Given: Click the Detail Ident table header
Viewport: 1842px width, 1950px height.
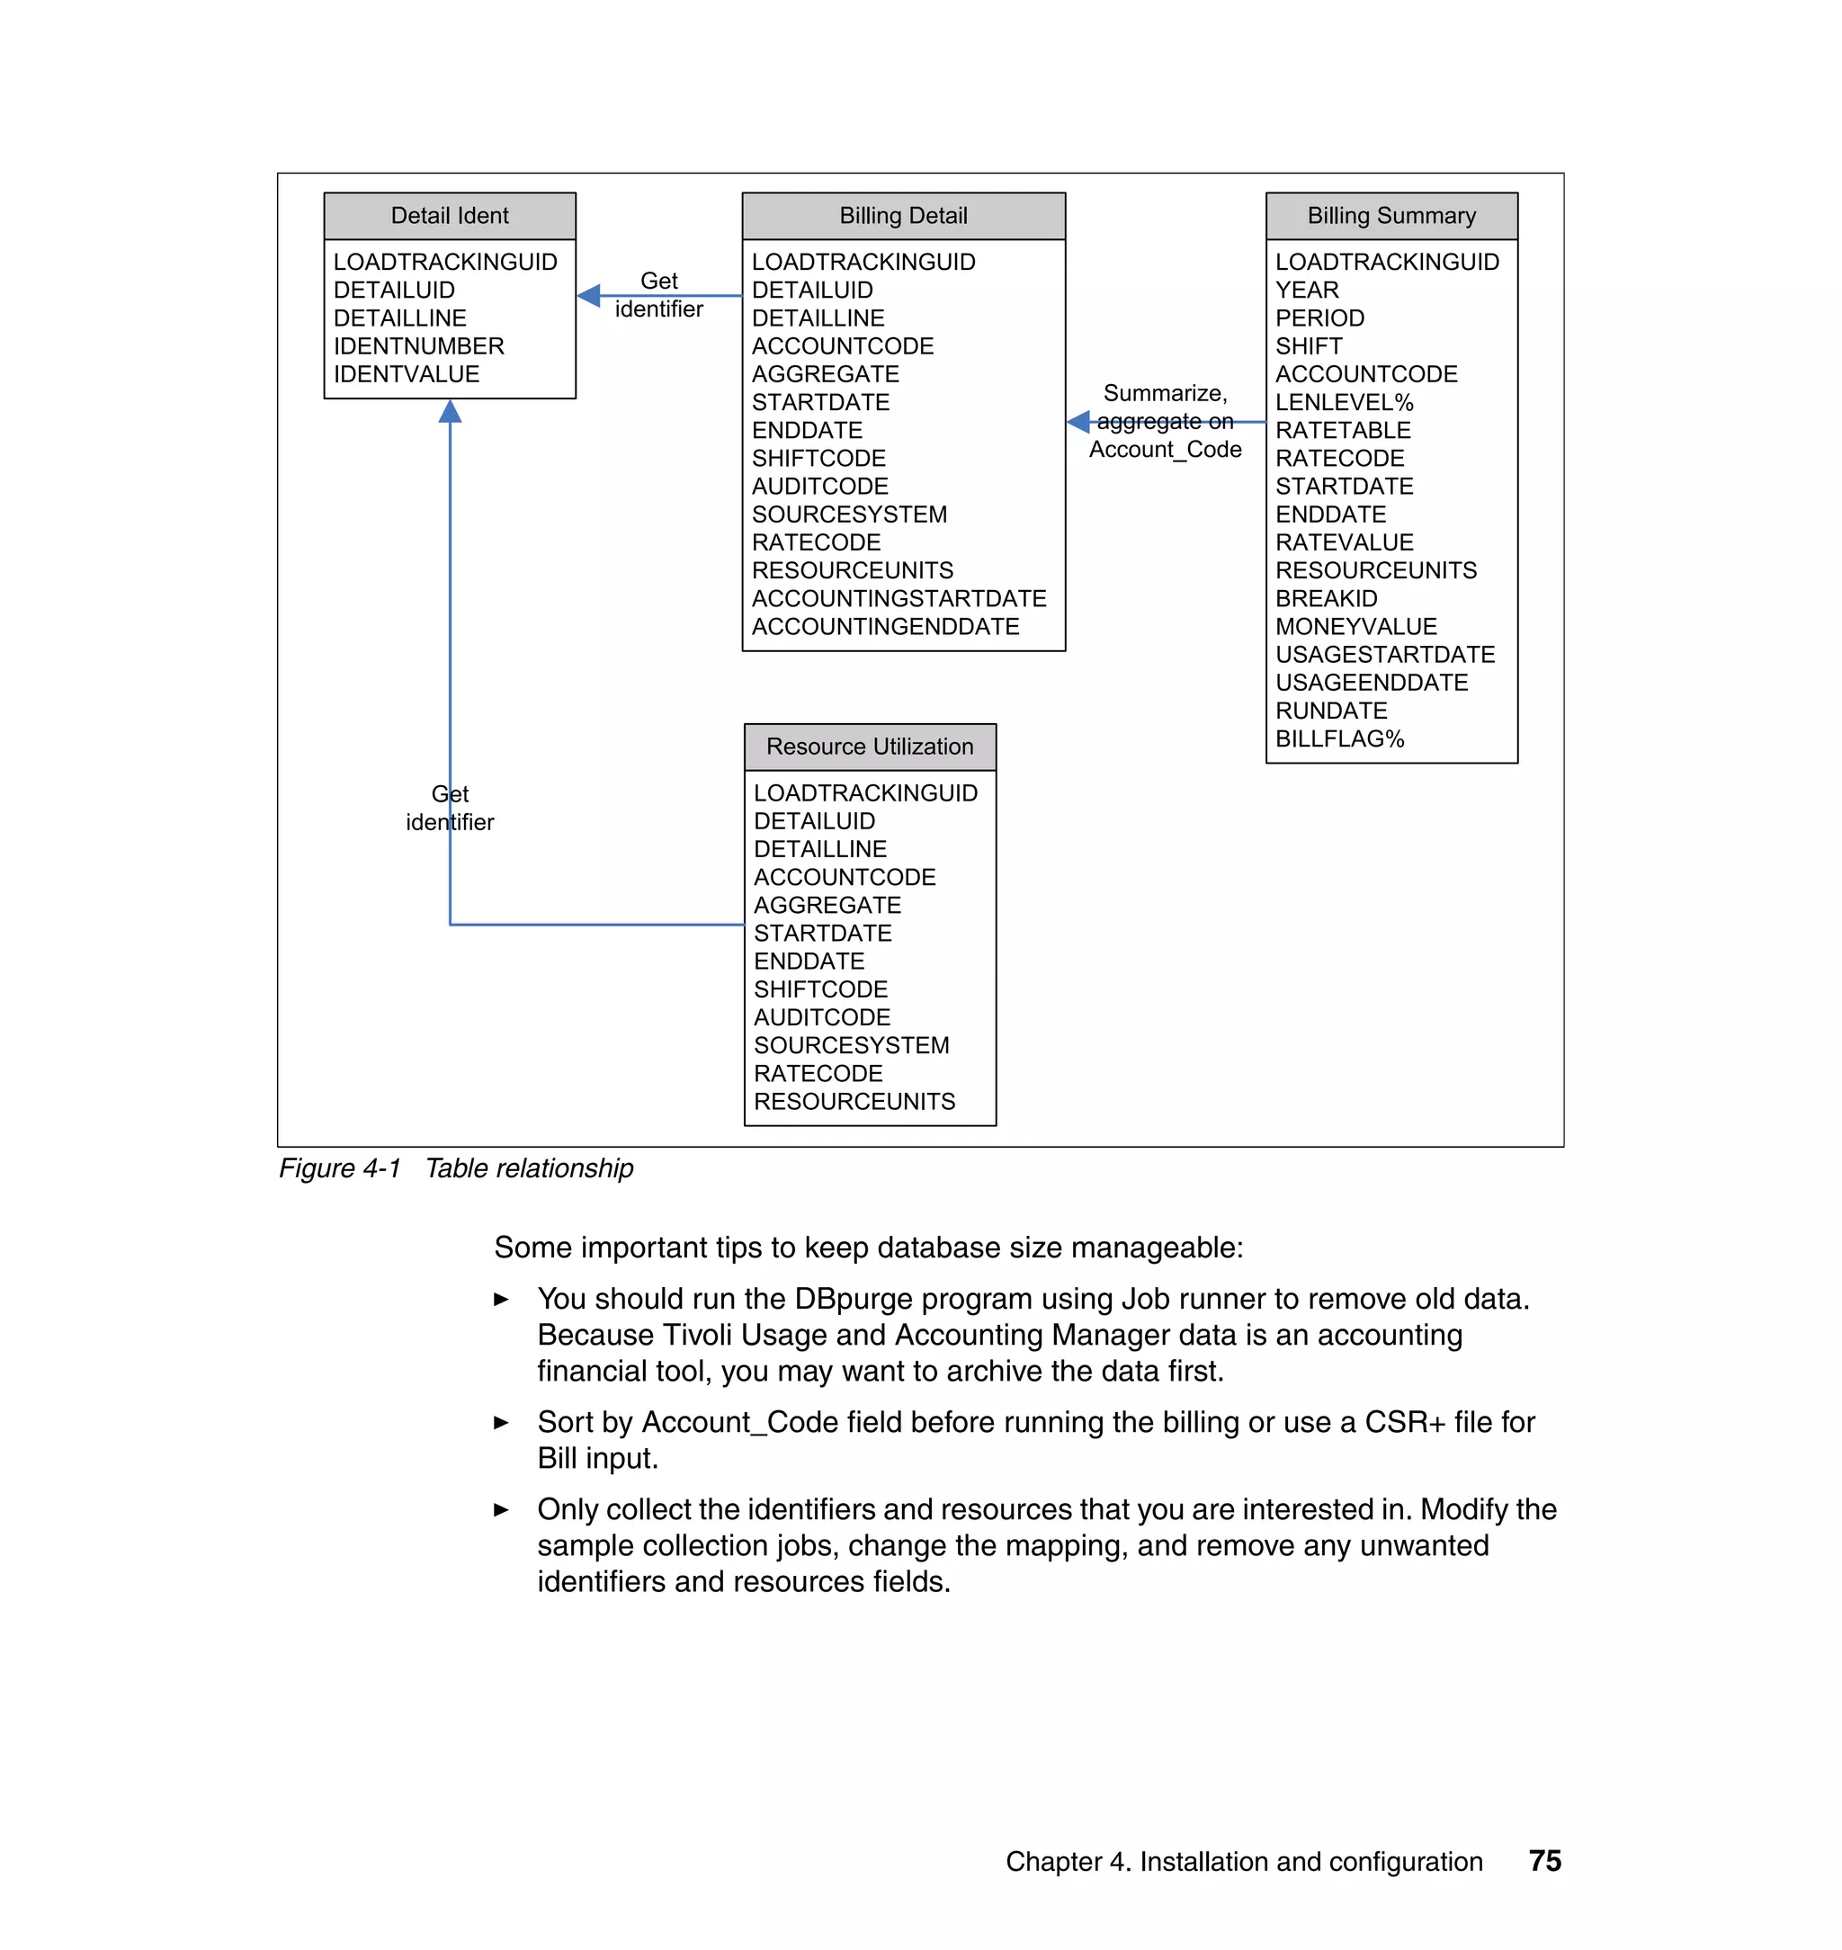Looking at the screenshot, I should [x=450, y=216].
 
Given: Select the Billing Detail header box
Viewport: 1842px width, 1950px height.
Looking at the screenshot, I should [x=902, y=216].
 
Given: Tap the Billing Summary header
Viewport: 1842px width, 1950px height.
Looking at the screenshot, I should [x=1390, y=216].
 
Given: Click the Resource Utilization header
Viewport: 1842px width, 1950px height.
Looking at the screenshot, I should [x=869, y=747].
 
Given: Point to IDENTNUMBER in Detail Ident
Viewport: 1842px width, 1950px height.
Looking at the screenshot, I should [x=418, y=346].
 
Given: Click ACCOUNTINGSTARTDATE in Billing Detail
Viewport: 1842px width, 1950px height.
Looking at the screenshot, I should [x=899, y=599].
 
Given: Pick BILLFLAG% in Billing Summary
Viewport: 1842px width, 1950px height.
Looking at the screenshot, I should [x=1339, y=739].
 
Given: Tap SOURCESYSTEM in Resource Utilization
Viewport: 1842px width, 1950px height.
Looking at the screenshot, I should [x=850, y=1046].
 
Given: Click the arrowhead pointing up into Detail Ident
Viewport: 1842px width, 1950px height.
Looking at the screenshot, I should [x=450, y=411].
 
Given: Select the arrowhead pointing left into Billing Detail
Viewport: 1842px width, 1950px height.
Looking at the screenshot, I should [x=1079, y=422].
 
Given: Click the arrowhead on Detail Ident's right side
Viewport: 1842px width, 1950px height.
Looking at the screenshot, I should [x=589, y=296].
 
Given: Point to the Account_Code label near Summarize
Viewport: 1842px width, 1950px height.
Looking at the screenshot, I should [x=1165, y=450].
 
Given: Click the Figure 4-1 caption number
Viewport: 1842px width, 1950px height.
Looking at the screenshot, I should [x=340, y=1168].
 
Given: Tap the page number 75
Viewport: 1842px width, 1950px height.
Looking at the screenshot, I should [x=1544, y=1861].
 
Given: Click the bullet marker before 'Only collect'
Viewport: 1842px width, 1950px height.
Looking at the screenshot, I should [x=501, y=1510].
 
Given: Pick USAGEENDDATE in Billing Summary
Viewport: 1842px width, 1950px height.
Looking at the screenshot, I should [x=1371, y=684].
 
